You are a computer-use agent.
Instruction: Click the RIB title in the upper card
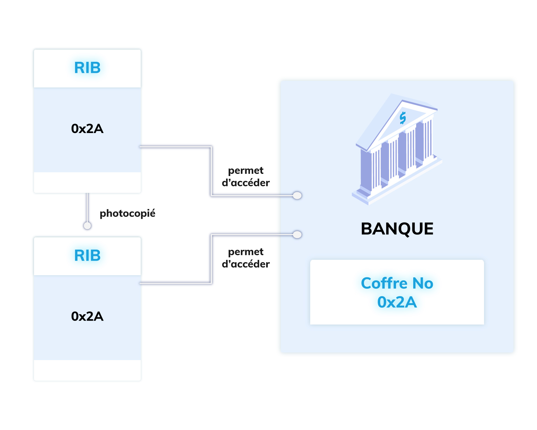pos(87,68)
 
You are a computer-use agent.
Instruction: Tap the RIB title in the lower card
pos(87,255)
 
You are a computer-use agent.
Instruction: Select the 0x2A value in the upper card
pos(87,129)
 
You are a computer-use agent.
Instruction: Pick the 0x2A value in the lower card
pos(87,316)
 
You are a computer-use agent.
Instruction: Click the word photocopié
pos(128,213)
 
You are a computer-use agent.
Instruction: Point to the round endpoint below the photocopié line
pos(87,225)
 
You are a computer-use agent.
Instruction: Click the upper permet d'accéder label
pos(246,177)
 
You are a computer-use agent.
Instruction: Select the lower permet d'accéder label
pos(246,258)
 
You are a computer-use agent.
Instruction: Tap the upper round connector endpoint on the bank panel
pos(297,195)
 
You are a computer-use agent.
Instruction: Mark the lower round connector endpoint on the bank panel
pos(297,235)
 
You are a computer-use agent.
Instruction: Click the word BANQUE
pos(397,229)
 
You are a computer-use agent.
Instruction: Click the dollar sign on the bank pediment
pos(402,118)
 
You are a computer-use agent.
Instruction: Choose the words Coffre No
pos(397,283)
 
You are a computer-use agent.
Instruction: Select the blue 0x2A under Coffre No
pos(397,302)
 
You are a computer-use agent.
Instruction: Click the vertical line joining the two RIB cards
pos(87,207)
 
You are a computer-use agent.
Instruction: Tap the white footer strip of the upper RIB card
pos(87,182)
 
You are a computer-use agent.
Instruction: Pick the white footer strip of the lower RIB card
pos(87,370)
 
